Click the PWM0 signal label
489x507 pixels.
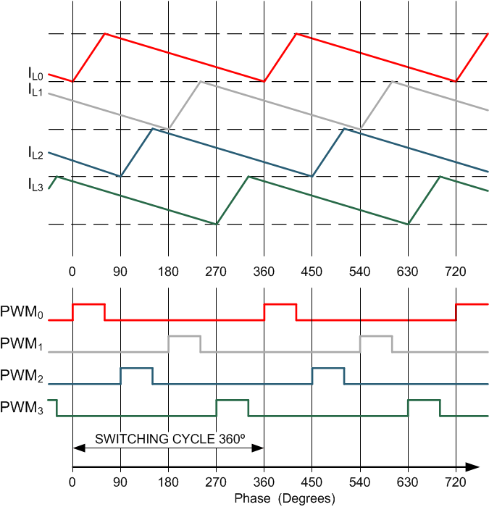23,314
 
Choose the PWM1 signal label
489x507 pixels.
23,345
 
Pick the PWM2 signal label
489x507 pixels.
23,377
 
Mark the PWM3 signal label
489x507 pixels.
23,408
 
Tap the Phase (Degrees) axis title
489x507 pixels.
285,499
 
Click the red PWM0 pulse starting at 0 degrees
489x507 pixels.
88,305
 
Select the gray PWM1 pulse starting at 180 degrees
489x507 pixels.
184,337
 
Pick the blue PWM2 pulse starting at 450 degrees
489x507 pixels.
327,369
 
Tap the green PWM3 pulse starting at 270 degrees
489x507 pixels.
232,400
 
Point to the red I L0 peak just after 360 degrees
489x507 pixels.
296,34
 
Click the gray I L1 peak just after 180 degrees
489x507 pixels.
201,82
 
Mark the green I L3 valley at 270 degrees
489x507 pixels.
216,224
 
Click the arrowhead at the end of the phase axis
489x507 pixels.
472,466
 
